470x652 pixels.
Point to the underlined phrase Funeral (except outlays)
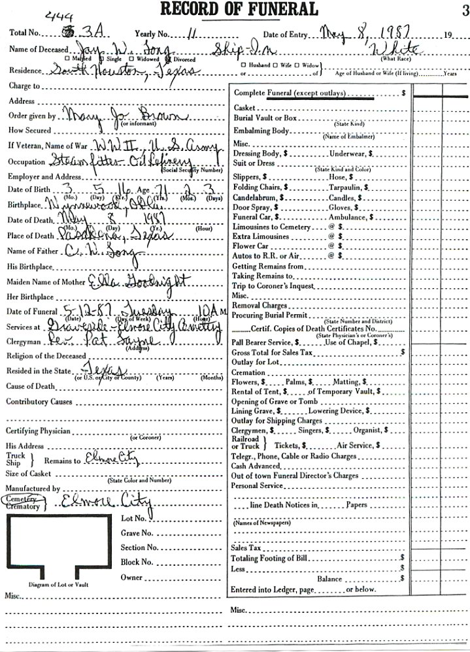click(307, 93)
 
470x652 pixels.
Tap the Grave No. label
click(137, 533)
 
